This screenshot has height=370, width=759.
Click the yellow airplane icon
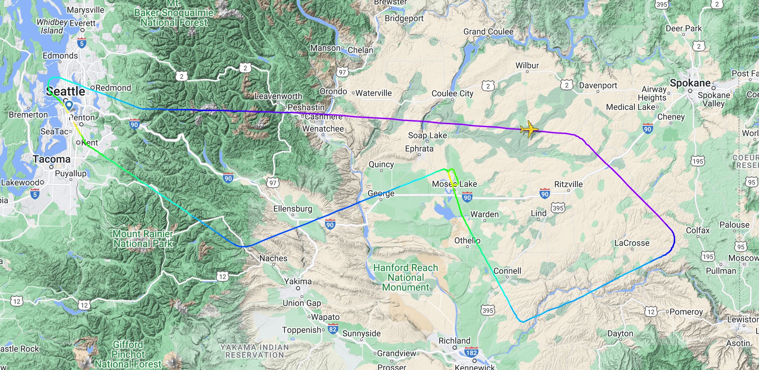click(529, 129)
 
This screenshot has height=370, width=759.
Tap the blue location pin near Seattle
click(69, 105)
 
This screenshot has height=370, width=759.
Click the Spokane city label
click(690, 83)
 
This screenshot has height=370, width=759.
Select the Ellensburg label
click(292, 209)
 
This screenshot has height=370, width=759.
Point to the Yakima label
click(298, 281)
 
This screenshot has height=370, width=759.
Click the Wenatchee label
click(323, 129)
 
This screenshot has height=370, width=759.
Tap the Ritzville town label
click(568, 184)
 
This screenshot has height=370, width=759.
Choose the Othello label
click(467, 240)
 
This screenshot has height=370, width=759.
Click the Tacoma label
click(52, 159)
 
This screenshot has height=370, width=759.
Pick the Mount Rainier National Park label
click(143, 239)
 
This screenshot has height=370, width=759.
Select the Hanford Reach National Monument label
click(405, 277)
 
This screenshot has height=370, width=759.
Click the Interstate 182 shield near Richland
click(471, 352)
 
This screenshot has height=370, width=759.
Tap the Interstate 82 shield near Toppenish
click(333, 329)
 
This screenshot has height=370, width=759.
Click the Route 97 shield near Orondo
click(342, 72)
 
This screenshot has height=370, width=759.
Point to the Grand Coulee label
click(488, 32)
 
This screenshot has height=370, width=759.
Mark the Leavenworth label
click(278, 96)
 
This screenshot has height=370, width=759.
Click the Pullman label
click(721, 271)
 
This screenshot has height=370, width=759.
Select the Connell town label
click(507, 271)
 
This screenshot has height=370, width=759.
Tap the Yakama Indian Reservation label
click(254, 351)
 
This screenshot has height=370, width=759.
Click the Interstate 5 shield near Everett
click(82, 43)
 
